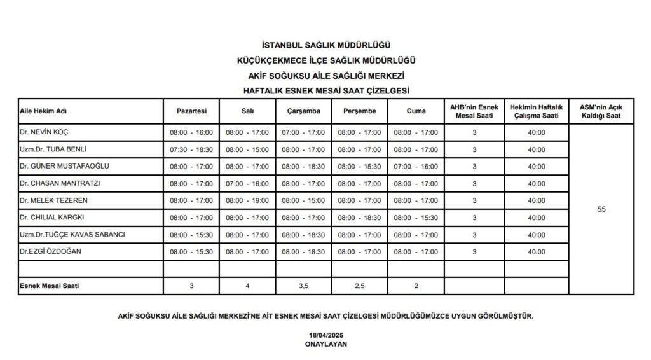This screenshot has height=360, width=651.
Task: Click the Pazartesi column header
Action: pyautogui.click(x=191, y=111)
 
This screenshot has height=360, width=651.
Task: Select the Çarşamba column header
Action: pyautogui.click(x=303, y=111)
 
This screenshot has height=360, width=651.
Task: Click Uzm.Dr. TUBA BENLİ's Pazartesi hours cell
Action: pyautogui.click(x=191, y=149)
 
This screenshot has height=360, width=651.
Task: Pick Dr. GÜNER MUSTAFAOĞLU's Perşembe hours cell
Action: pyautogui.click(x=359, y=167)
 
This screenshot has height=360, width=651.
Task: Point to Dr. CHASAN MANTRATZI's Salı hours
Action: pyautogui.click(x=247, y=184)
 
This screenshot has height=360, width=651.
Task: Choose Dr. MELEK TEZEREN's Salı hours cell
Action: pyautogui.click(x=247, y=201)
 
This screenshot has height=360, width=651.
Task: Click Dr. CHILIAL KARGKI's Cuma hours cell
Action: pyautogui.click(x=416, y=218)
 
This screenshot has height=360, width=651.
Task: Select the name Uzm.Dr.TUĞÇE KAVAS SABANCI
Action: pyautogui.click(x=72, y=235)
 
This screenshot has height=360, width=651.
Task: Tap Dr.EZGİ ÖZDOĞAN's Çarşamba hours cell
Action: pyautogui.click(x=303, y=252)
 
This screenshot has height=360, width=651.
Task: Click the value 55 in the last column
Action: pyautogui.click(x=601, y=209)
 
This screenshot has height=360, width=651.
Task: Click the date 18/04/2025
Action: pyautogui.click(x=325, y=335)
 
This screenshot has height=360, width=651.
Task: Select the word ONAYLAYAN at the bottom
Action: pyautogui.click(x=325, y=343)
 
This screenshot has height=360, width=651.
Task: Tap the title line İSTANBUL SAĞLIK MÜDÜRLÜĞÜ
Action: pyautogui.click(x=325, y=46)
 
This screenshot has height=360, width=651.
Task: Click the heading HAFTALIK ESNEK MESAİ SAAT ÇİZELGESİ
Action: pyautogui.click(x=325, y=90)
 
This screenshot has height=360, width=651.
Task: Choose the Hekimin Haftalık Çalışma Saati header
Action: pyautogui.click(x=537, y=111)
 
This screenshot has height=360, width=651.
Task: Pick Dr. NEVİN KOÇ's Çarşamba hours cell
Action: pyautogui.click(x=303, y=132)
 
